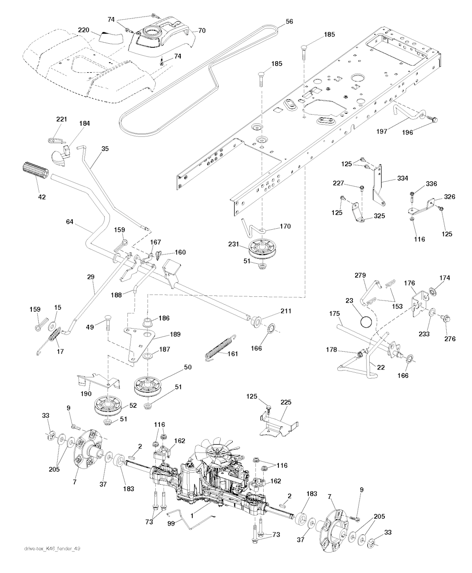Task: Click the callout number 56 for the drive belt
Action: pyautogui.click(x=289, y=21)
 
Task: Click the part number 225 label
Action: pyautogui.click(x=285, y=402)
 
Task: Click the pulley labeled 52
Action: pyautogui.click(x=107, y=406)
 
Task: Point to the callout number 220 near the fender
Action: pyautogui.click(x=83, y=30)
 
